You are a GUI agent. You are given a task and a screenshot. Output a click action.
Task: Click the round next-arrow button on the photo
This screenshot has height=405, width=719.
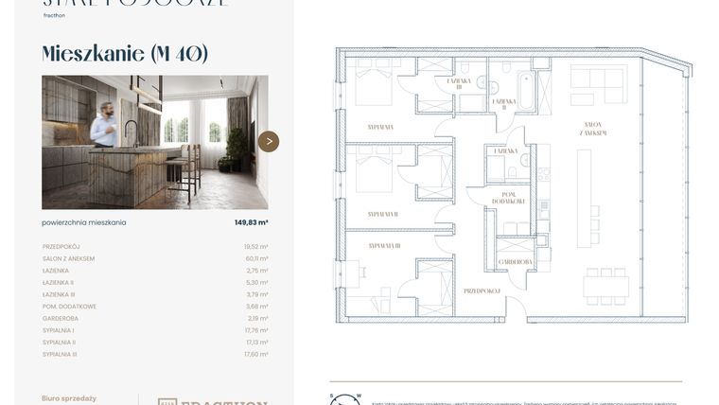coord(269,142)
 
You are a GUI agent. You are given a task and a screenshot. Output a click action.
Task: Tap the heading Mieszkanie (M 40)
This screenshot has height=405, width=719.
coord(125,54)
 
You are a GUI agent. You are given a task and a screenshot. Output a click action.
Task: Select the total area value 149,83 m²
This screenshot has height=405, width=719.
coord(251,222)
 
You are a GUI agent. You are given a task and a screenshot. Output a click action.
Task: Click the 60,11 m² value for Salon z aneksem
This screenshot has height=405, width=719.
coord(256,258)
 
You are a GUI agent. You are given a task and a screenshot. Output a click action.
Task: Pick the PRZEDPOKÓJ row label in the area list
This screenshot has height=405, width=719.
coord(61,247)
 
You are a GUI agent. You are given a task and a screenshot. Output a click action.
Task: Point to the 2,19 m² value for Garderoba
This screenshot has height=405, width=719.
coord(258,319)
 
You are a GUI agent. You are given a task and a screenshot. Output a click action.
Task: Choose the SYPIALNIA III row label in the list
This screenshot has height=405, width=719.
coord(60,354)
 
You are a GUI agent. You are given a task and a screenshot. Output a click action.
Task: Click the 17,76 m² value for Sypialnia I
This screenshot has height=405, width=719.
coord(256,330)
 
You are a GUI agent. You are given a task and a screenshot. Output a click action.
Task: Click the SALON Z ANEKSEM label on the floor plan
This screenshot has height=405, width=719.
coord(595,130)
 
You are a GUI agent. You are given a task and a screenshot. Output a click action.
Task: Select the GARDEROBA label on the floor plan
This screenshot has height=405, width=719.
coord(515,262)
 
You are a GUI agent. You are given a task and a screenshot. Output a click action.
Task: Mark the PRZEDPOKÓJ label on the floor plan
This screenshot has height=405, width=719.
coord(481,291)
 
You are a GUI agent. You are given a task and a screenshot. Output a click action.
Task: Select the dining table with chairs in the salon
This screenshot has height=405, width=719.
coord(605,285)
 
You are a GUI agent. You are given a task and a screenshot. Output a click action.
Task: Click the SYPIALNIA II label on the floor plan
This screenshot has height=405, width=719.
coord(382,214)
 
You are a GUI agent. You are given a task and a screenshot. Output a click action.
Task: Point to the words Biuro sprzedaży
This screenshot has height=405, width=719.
coord(69,398)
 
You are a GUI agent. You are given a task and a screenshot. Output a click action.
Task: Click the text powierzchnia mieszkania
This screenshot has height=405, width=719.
coord(84,222)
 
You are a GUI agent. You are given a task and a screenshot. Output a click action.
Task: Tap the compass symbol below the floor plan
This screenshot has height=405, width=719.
coord(345,398)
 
